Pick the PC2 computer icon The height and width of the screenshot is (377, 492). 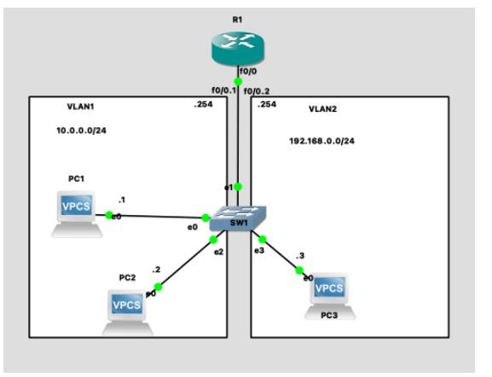pyautogui.click(x=127, y=309)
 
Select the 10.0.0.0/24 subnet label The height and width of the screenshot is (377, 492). pyautogui.click(x=80, y=131)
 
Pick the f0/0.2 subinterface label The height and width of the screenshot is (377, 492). pyautogui.click(x=256, y=90)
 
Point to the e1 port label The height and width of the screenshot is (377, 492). pyautogui.click(x=229, y=186)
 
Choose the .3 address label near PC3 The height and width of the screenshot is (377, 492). pyautogui.click(x=299, y=255)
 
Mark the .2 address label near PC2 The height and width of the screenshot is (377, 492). pyautogui.click(x=156, y=270)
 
